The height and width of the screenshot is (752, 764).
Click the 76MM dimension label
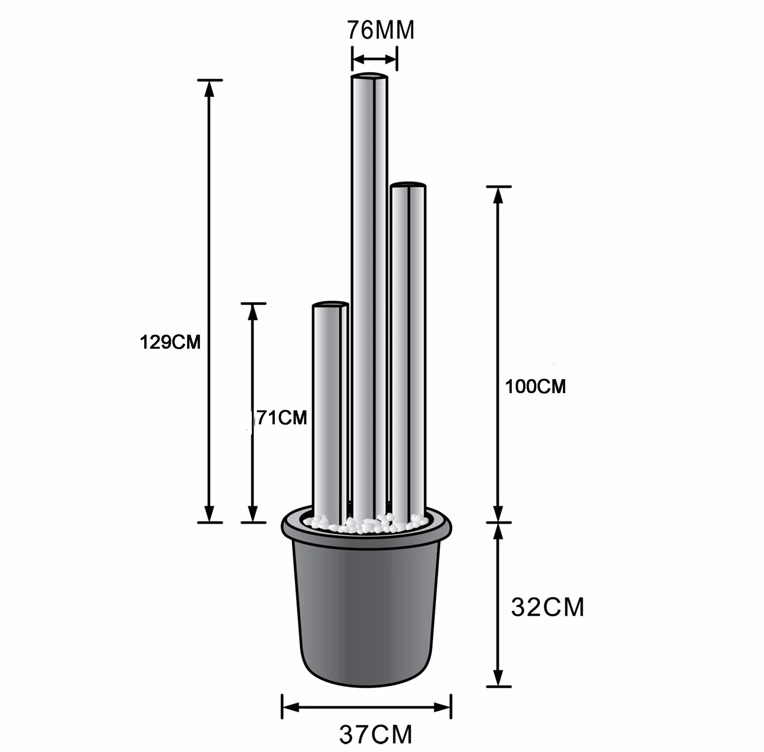coord(381,30)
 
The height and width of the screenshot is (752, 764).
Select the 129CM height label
coord(170,342)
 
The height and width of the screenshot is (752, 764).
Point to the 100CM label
coord(535,386)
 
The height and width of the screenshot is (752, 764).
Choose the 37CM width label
coord(376,734)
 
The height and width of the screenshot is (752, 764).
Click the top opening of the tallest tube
coord(370,76)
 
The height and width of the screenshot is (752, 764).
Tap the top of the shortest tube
coord(330,304)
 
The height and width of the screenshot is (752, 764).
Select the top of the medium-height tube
coord(408,184)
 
